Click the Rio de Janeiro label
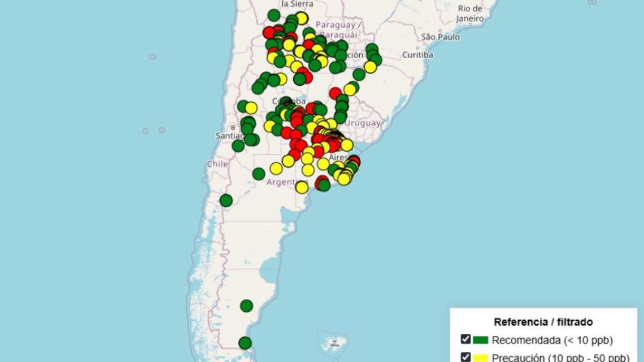tap(470, 13)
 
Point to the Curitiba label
tap(417, 55)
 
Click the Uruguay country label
tap(363, 123)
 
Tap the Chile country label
tap(217, 164)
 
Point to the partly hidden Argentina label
tap(282, 182)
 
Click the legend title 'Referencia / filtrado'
tap(543, 322)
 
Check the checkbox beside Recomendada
tap(465, 339)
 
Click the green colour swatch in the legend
tap(480, 340)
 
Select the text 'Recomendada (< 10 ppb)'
tap(552, 340)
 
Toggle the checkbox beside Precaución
tap(465, 356)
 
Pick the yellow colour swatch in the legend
tap(480, 357)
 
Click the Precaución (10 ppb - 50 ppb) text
tap(559, 357)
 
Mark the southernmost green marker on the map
tap(245, 343)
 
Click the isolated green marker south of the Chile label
tap(226, 200)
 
